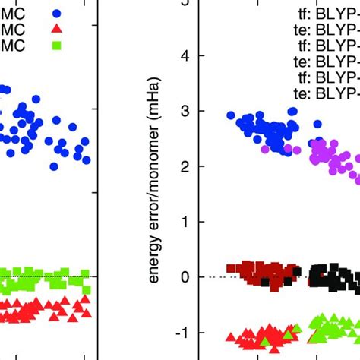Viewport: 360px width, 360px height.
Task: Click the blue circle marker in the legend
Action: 58,13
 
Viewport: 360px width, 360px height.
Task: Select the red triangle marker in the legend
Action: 58,29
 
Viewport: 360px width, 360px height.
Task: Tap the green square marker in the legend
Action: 58,46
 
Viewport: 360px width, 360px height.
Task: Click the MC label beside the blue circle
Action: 13,13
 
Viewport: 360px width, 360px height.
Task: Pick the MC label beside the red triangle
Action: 13,29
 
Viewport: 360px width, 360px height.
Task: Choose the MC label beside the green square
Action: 13,46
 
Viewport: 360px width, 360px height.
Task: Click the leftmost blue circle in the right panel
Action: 231,115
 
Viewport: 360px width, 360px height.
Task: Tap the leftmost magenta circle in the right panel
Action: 265,150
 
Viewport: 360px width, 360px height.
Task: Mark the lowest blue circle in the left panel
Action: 54,166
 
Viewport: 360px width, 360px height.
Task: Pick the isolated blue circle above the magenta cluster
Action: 317,124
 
